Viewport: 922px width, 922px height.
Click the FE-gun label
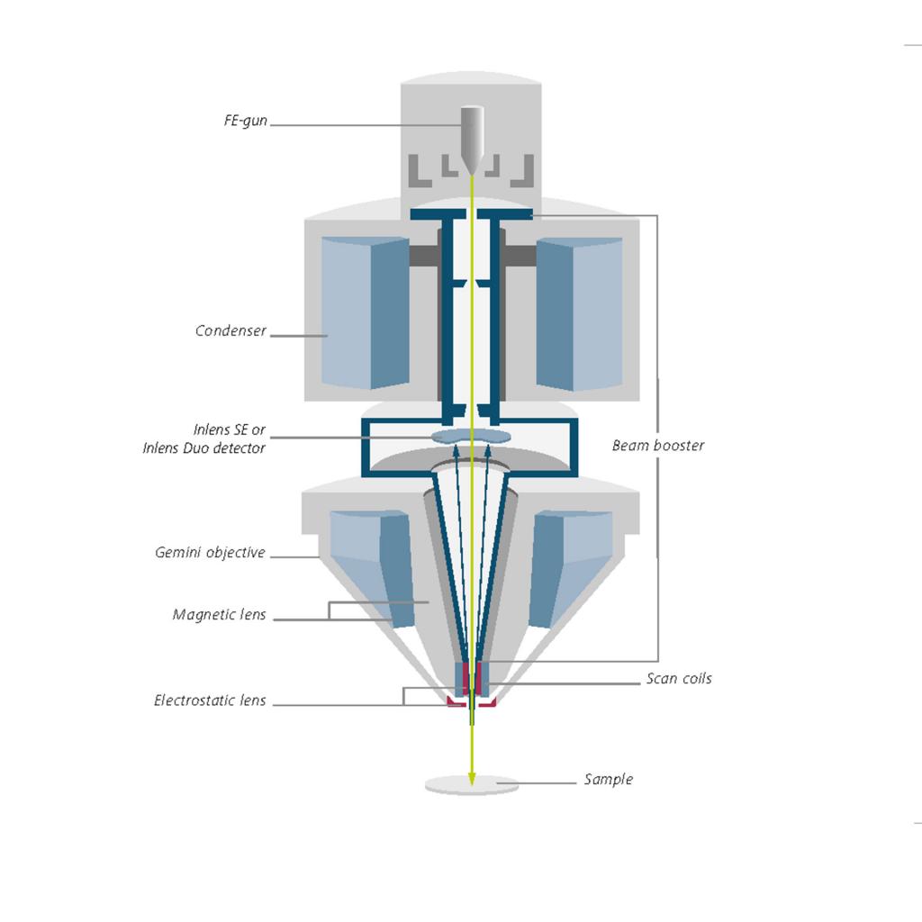click(x=245, y=121)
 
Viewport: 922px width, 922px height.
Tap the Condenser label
click(x=230, y=330)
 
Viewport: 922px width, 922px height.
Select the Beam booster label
click(x=658, y=445)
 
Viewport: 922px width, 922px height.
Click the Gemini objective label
click(x=210, y=552)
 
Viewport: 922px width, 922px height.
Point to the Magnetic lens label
click(x=220, y=614)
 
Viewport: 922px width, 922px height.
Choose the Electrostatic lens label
click(x=210, y=701)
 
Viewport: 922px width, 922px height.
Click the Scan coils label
click(x=679, y=679)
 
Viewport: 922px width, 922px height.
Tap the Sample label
click(x=609, y=779)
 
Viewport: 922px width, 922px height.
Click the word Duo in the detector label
click(x=196, y=448)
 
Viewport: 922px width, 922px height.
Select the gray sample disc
click(x=472, y=785)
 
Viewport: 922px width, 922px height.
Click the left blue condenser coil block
click(x=366, y=312)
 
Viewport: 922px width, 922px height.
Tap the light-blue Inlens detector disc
click(x=471, y=436)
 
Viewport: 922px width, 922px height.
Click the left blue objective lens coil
click(x=373, y=568)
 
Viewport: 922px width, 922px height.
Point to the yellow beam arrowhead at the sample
click(x=472, y=778)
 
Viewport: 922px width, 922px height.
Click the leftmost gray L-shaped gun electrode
click(x=419, y=171)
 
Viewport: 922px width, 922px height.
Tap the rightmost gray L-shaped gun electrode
click(x=523, y=171)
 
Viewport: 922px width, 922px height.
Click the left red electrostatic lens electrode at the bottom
click(x=456, y=701)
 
